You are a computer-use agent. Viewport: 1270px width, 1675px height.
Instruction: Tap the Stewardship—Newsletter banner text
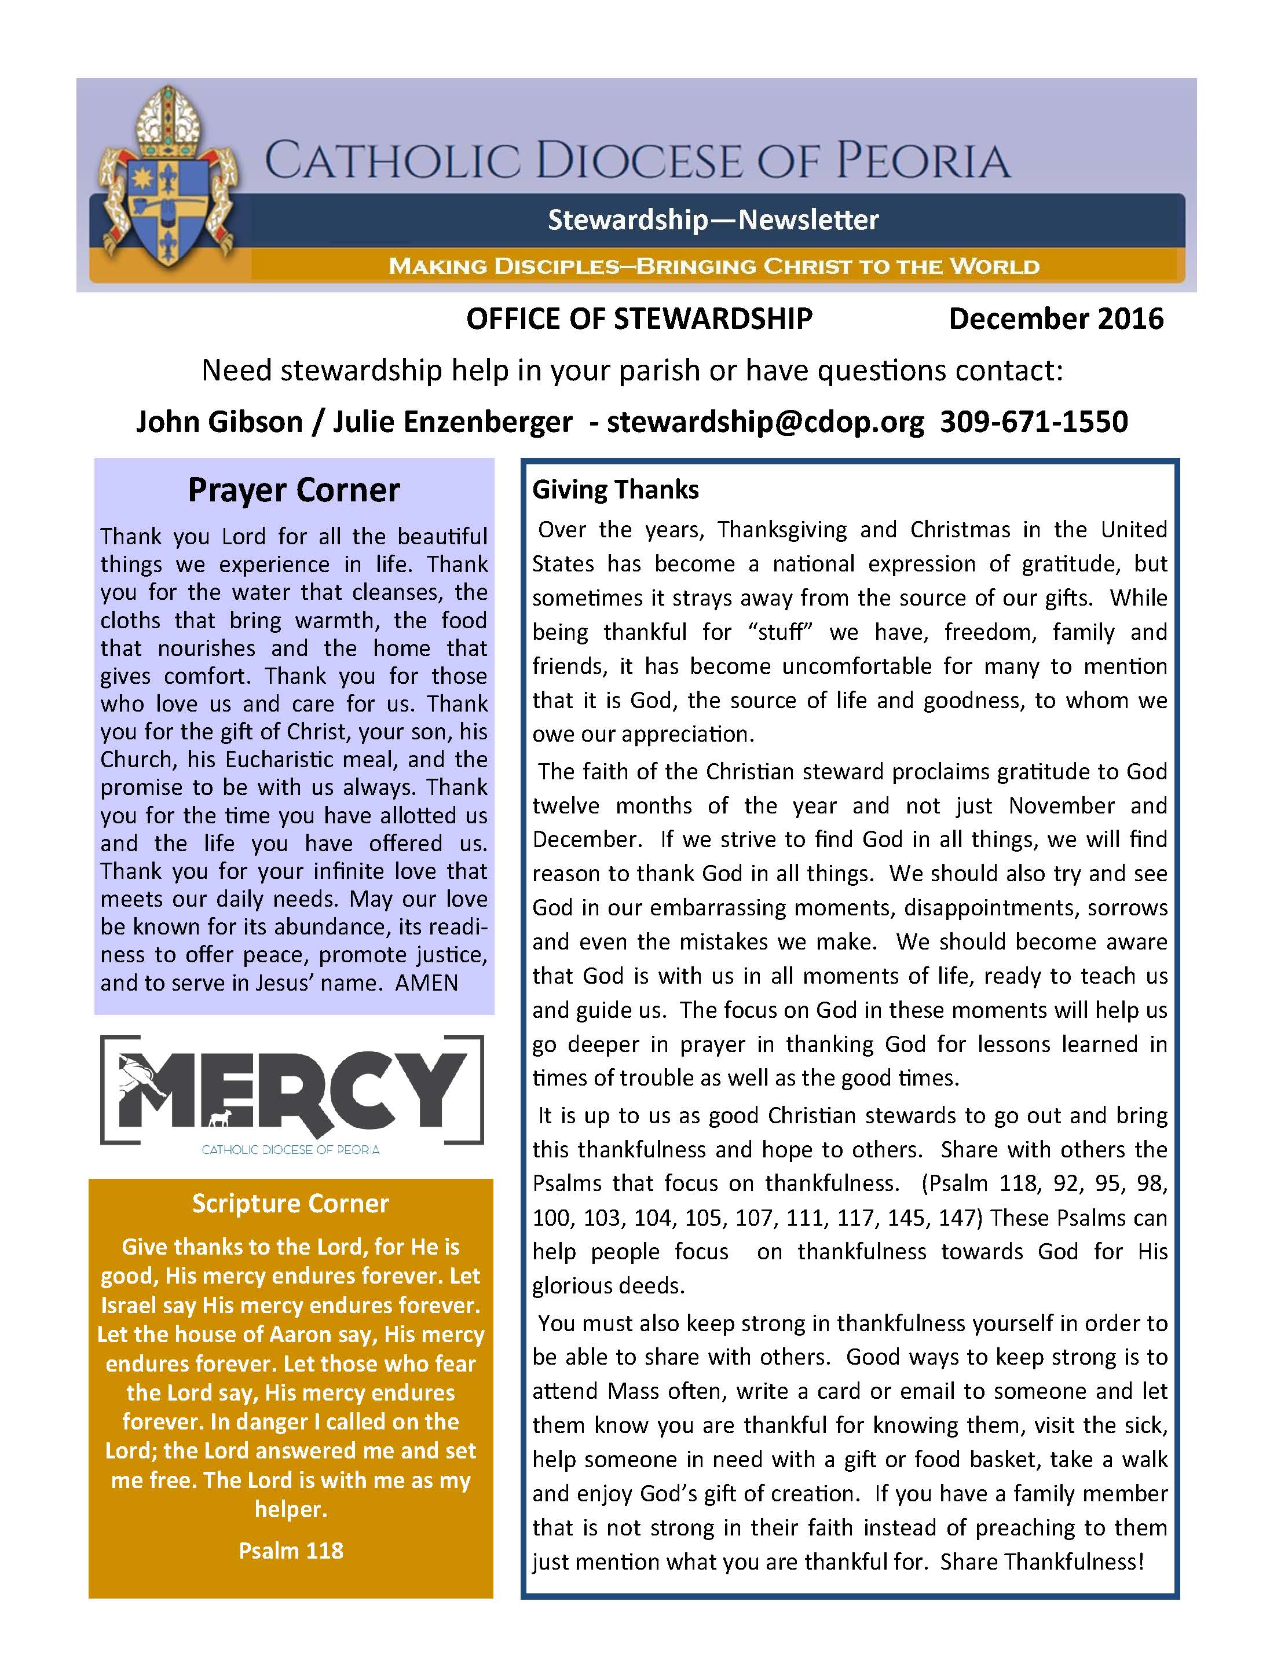[x=713, y=219]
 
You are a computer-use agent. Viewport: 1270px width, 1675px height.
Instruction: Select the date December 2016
[x=1055, y=319]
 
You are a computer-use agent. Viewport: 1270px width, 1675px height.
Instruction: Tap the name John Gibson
[x=219, y=422]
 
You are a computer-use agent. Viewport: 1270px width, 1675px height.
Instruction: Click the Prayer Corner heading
[x=294, y=490]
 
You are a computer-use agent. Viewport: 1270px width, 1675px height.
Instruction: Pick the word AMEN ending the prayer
[x=426, y=983]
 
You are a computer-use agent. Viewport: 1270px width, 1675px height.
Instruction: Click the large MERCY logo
[x=291, y=1090]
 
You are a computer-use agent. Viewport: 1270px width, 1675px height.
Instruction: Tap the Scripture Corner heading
[x=290, y=1203]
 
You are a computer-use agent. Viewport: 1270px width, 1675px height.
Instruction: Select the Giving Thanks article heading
[x=615, y=490]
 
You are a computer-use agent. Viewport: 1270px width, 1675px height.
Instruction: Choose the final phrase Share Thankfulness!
[x=1041, y=1562]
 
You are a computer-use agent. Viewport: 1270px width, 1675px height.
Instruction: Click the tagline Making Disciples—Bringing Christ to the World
[x=713, y=266]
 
